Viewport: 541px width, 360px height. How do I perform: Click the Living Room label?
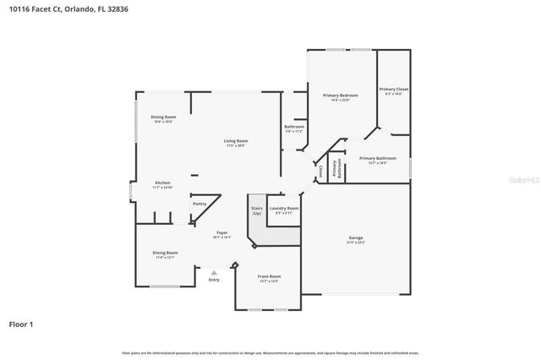click(x=236, y=141)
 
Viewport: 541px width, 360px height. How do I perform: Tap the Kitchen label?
click(x=162, y=183)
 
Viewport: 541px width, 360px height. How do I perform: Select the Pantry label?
click(x=199, y=204)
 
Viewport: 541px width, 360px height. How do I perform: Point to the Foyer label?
click(x=222, y=232)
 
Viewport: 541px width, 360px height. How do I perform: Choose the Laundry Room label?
click(x=284, y=208)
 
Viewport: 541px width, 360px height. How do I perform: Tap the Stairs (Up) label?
click(x=256, y=210)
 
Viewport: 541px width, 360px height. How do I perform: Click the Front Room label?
click(x=270, y=276)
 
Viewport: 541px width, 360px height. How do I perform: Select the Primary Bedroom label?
click(x=341, y=95)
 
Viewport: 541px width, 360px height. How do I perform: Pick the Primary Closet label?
click(x=394, y=90)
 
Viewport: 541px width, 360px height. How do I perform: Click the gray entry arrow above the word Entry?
click(x=214, y=272)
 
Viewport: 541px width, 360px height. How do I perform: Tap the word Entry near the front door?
click(x=214, y=280)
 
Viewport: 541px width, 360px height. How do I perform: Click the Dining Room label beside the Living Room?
click(x=163, y=117)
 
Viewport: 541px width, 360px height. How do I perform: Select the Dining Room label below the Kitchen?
click(x=166, y=253)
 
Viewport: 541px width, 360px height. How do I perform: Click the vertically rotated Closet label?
click(x=320, y=171)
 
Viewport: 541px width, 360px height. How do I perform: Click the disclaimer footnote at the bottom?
click(x=270, y=352)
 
